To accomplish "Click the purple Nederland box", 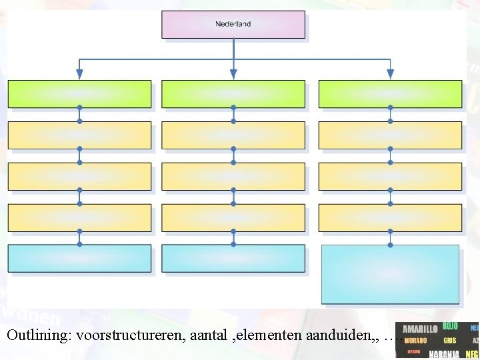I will pyautogui.click(x=233, y=24).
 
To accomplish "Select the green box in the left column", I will pyautogui.click(x=79, y=94).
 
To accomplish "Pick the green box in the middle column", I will pyautogui.click(x=233, y=94).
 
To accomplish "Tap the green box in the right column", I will pyautogui.click(x=390, y=94).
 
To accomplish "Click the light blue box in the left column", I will pyautogui.click(x=79, y=259).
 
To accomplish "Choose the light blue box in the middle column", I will pyautogui.click(x=233, y=259).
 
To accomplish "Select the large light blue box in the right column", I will pyautogui.click(x=390, y=275).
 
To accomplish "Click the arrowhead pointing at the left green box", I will pyautogui.click(x=79, y=74).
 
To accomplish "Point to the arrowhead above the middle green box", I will pyautogui.click(x=233, y=74).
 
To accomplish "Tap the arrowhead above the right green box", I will pyautogui.click(x=390, y=74).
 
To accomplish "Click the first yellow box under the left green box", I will pyautogui.click(x=79, y=135).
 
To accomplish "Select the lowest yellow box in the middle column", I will pyautogui.click(x=233, y=218).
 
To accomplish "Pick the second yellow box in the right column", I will pyautogui.click(x=390, y=177).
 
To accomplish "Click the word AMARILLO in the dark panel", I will pyautogui.click(x=420, y=329).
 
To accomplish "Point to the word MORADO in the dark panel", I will pyautogui.click(x=415, y=341).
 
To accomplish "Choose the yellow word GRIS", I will pyautogui.click(x=450, y=341).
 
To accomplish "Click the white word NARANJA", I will pyautogui.click(x=443, y=354).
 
